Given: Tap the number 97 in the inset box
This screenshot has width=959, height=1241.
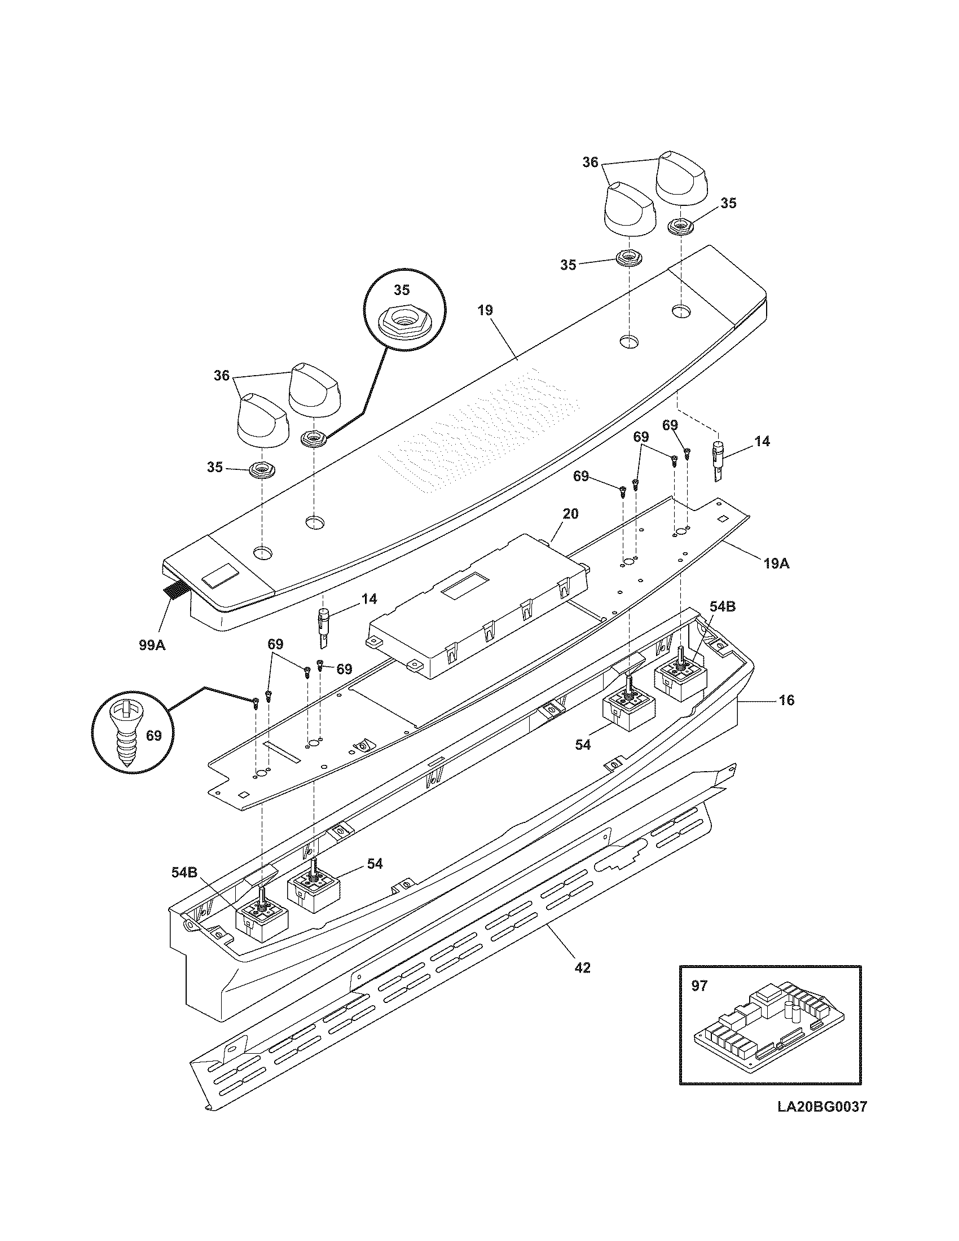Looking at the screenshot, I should click(700, 985).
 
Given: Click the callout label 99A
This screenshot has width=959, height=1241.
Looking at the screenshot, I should click(152, 645).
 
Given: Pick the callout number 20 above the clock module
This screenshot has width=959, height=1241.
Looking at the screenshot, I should click(570, 514).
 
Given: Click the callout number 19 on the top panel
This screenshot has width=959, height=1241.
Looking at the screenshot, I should click(485, 310).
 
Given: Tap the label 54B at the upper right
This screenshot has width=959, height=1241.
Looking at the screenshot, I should click(722, 606).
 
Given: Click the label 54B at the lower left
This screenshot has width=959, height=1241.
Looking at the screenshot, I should click(184, 872).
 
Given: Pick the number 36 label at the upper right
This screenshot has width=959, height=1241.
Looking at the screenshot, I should click(590, 162).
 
